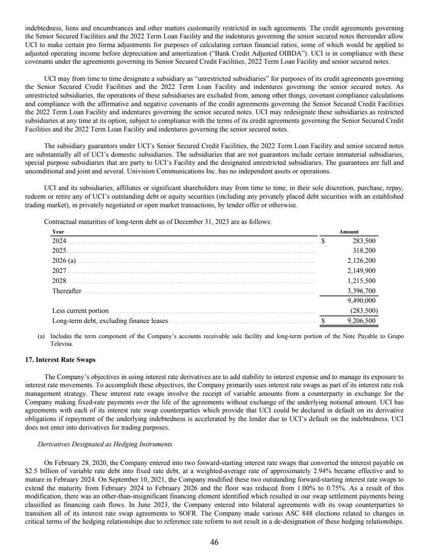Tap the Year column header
[x=58, y=231]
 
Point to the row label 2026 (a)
[x=64, y=261]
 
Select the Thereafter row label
[x=67, y=291]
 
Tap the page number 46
[x=214, y=542]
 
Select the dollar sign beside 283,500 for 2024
[x=324, y=241]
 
